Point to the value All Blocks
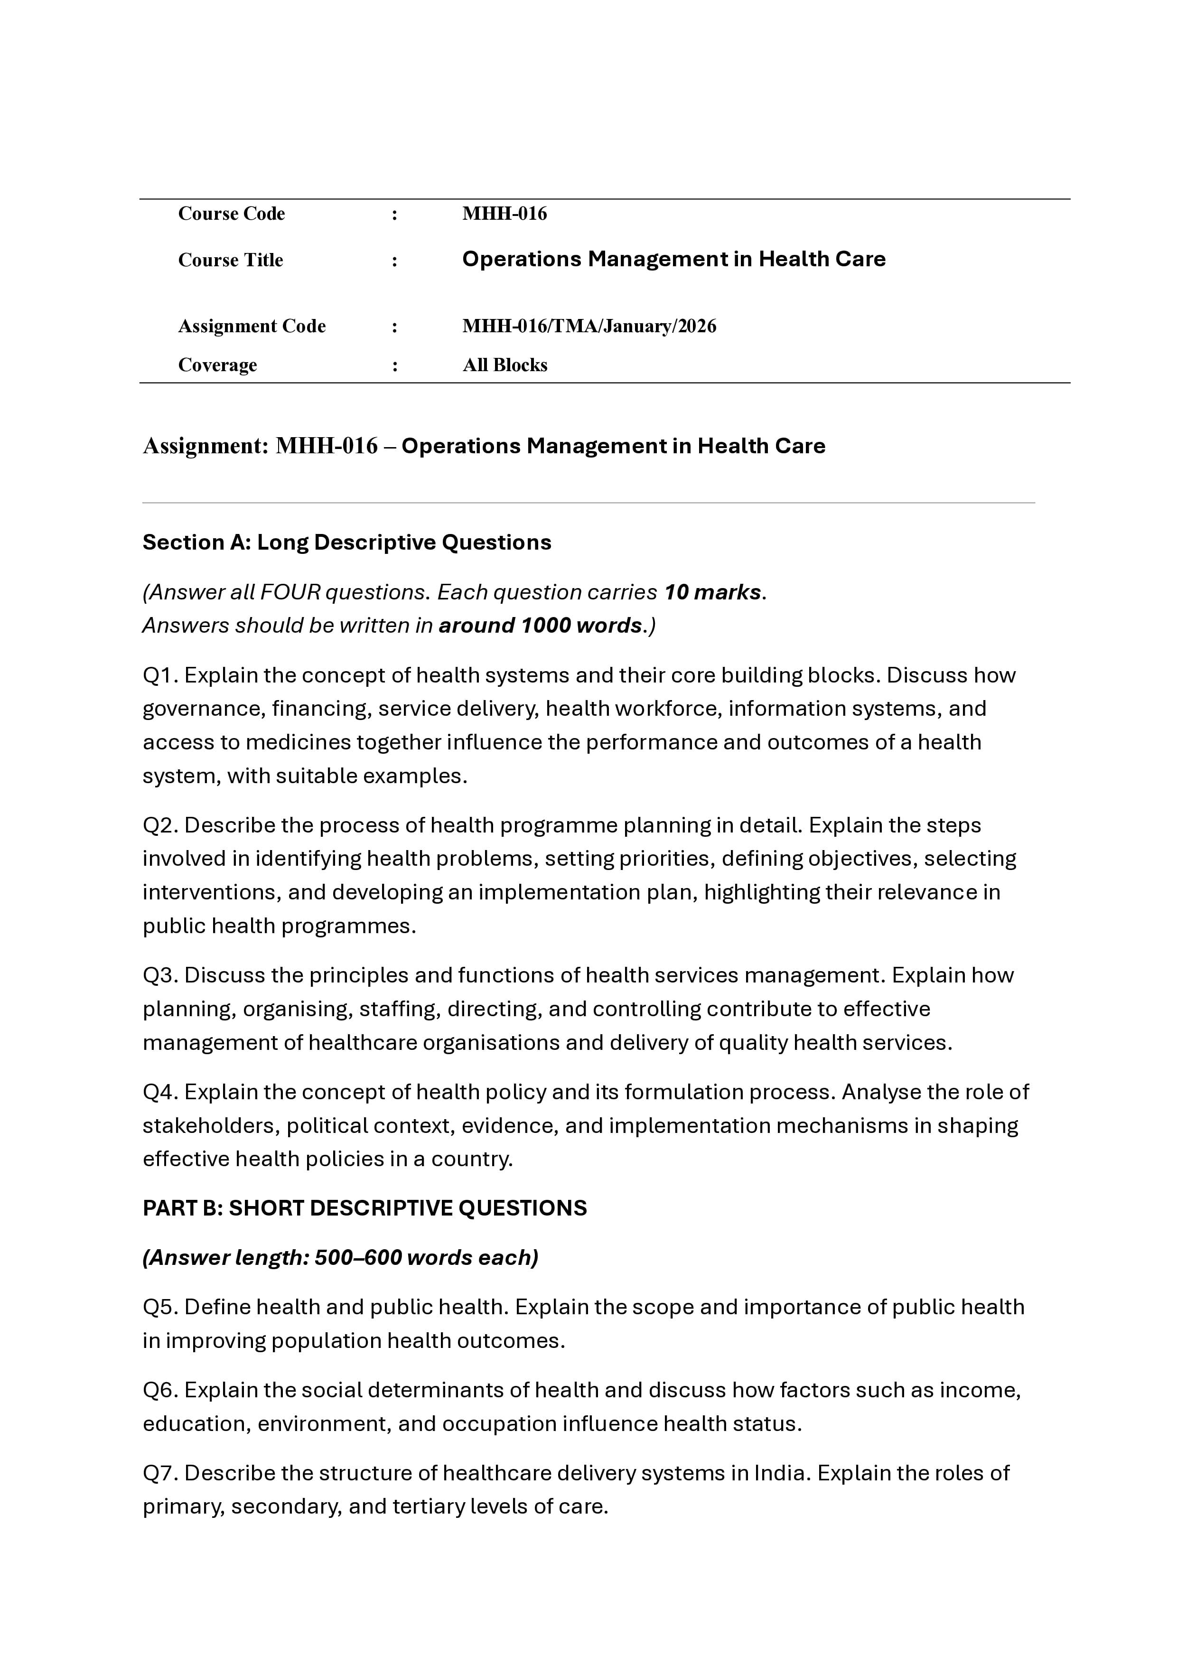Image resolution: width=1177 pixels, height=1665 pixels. pos(505,365)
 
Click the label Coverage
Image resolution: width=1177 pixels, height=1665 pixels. pos(217,365)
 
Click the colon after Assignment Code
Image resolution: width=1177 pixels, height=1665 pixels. pos(394,327)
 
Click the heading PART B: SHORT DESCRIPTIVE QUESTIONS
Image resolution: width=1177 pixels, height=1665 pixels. pos(364,1207)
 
